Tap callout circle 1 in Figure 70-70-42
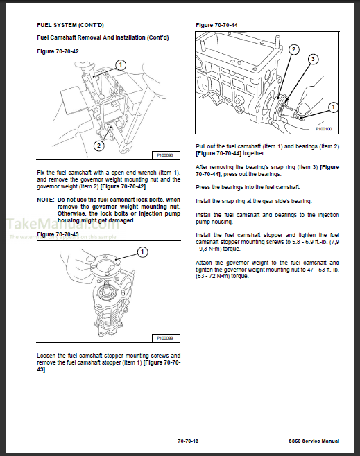coord(120,65)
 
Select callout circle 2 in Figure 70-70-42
coord(99,146)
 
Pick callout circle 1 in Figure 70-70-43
coord(142,251)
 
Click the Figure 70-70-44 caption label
coord(216,26)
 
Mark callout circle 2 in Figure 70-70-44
coord(294,49)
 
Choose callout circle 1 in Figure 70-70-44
coord(333,107)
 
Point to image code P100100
coord(324,129)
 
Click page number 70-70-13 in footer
coord(187,441)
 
